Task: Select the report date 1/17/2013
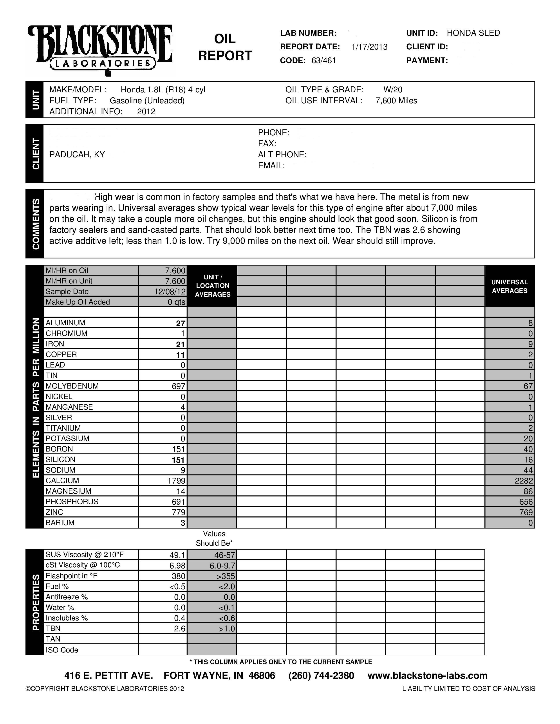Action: pyautogui.click(x=369, y=47)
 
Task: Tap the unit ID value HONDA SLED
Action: pyautogui.click(x=473, y=33)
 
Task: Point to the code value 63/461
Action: pyautogui.click(x=323, y=61)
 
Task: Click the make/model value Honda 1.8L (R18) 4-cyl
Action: pyautogui.click(x=163, y=90)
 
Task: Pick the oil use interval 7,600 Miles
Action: pyautogui.click(x=396, y=100)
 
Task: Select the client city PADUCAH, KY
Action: pyautogui.click(x=77, y=154)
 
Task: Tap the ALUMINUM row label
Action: pyautogui.click(x=65, y=323)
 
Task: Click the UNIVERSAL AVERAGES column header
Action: pyautogui.click(x=509, y=286)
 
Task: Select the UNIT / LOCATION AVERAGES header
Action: pyautogui.click(x=212, y=285)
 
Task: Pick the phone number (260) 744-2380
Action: pyautogui.click(x=321, y=675)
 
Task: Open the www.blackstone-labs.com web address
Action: pyautogui.click(x=427, y=675)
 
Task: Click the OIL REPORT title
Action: pyautogui.click(x=225, y=47)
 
